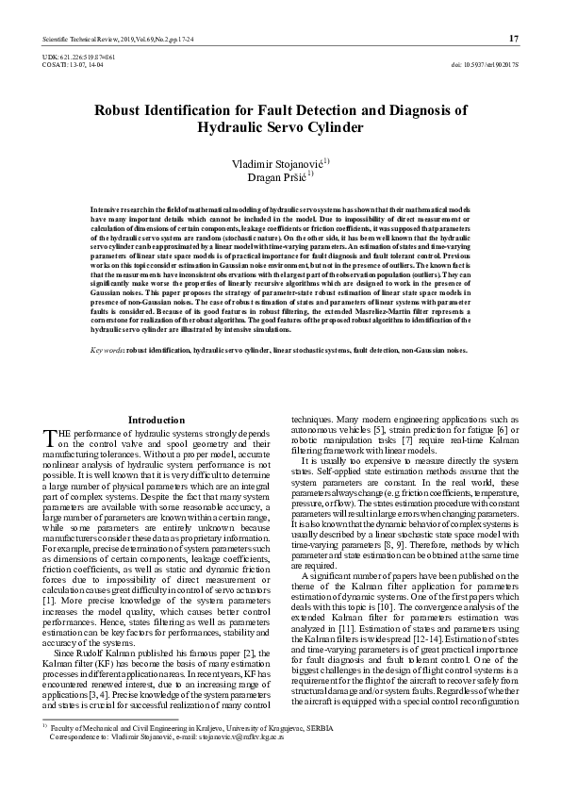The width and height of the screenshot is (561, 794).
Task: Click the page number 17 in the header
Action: [x=514, y=38]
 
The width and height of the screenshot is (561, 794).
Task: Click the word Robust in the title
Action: [x=123, y=110]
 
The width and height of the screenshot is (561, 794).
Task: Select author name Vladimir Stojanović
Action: [x=276, y=163]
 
